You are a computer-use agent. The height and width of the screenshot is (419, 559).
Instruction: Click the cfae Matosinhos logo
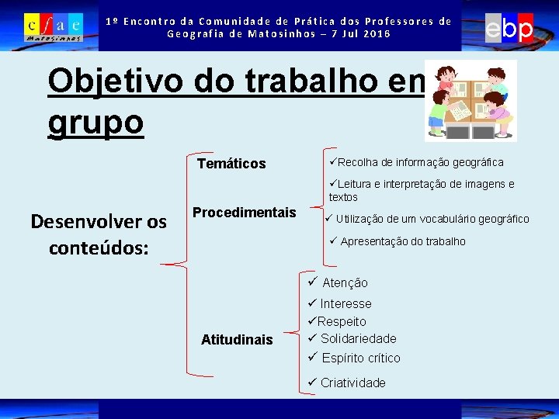53,27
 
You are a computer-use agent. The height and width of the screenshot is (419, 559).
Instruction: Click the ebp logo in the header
509,29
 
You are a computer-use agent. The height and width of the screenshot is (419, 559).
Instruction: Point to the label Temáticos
231,164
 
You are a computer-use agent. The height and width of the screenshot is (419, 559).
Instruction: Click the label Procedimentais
245,213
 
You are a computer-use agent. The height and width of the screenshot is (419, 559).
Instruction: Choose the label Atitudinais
237,339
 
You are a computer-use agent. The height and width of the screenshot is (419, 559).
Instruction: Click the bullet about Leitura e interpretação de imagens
421,190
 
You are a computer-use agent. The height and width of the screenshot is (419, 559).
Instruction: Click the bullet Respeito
337,321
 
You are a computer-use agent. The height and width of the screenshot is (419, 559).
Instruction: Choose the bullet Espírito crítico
354,358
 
